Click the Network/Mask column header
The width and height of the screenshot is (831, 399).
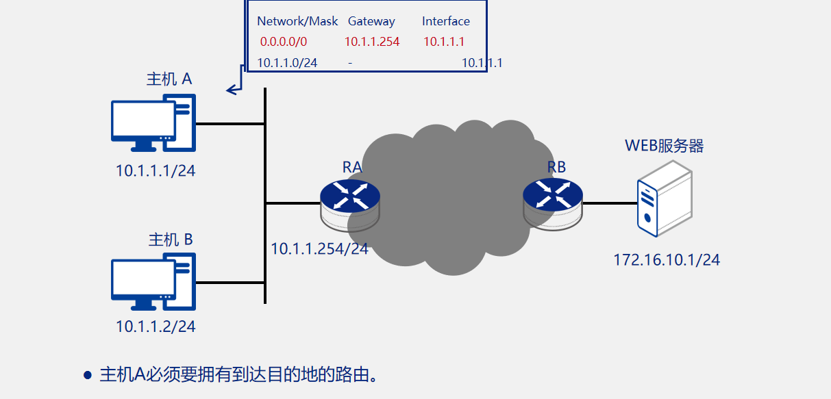[297, 21]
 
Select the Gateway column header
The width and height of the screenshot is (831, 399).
[371, 21]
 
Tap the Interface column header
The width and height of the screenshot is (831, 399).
[446, 21]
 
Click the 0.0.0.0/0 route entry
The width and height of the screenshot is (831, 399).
[284, 42]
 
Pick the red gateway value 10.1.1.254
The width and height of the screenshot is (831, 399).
[372, 42]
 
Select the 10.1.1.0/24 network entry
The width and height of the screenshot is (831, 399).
[287, 63]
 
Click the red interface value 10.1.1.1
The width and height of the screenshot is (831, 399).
[444, 42]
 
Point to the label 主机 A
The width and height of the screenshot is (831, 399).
[169, 79]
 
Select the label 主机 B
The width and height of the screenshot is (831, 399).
[171, 240]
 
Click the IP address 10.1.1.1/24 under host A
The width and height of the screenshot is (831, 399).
[156, 170]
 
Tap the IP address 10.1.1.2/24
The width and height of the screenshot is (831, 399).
[156, 326]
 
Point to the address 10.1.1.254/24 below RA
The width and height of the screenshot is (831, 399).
[319, 248]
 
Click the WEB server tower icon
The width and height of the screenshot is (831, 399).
[663, 198]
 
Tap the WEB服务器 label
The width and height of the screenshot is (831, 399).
[664, 146]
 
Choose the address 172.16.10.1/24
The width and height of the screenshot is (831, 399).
[666, 260]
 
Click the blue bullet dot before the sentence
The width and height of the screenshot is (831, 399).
[87, 375]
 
